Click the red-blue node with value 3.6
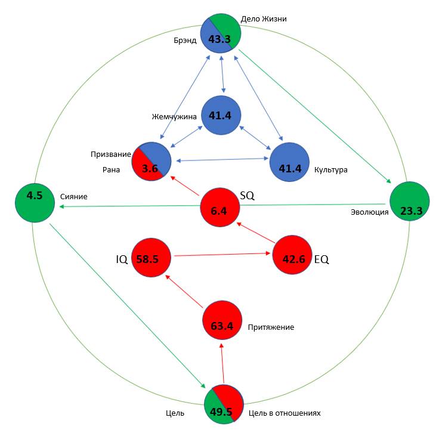pyautogui.click(x=151, y=162)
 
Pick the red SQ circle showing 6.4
pyautogui.click(x=219, y=208)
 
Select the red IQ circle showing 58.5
pyautogui.click(x=151, y=258)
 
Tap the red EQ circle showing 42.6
pyautogui.click(x=292, y=259)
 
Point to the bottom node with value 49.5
pyautogui.click(x=223, y=404)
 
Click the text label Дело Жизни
pyautogui.click(x=264, y=18)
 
